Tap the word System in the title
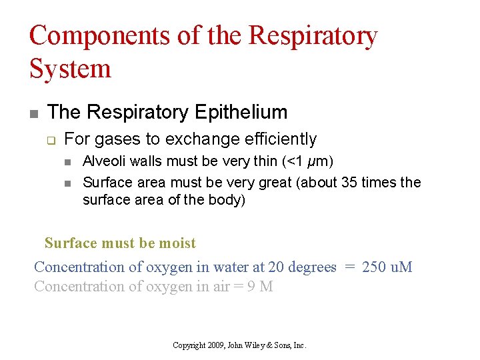(x=70, y=68)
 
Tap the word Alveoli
(x=103, y=162)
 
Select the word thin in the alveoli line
(x=265, y=162)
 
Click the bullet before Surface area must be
(x=68, y=183)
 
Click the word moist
(x=177, y=243)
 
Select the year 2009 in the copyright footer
(x=215, y=345)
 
